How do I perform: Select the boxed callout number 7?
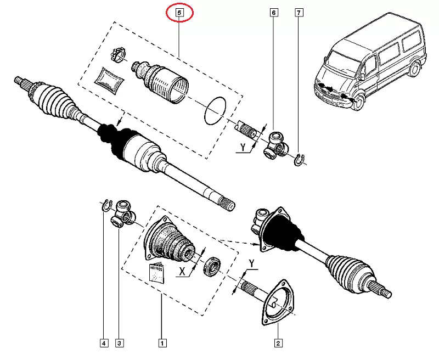pyautogui.click(x=299, y=12)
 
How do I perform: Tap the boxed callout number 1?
pyautogui.click(x=162, y=344)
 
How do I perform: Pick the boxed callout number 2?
pyautogui.click(x=278, y=344)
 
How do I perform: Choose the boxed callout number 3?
pyautogui.click(x=120, y=344)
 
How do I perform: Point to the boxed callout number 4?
pyautogui.click(x=103, y=344)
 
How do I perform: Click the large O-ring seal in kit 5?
pyautogui.click(x=215, y=110)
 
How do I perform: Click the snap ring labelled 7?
pyautogui.click(x=299, y=159)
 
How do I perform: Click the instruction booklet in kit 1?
pyautogui.click(x=157, y=272)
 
